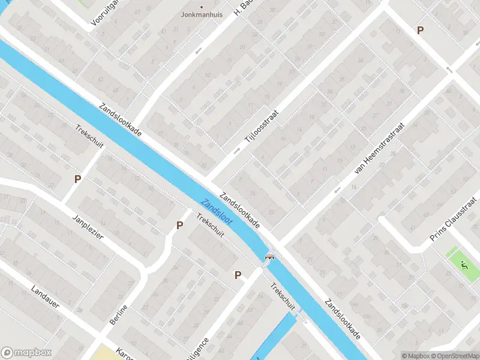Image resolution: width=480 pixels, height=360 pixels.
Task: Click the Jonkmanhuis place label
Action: (x=201, y=14)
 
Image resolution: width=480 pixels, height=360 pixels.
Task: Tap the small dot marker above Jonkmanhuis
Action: (x=201, y=7)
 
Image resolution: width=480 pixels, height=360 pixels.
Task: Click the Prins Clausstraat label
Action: (x=455, y=219)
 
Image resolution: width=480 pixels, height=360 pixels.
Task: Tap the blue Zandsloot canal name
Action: (x=217, y=212)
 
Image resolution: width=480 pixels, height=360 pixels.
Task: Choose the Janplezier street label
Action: (x=88, y=227)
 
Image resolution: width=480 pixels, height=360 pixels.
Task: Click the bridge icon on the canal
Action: (x=270, y=258)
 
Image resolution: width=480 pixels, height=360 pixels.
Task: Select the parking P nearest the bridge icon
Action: (x=238, y=275)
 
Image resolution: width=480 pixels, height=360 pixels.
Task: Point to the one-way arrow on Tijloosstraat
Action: (x=236, y=150)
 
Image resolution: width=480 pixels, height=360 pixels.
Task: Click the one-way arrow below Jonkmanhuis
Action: (x=199, y=51)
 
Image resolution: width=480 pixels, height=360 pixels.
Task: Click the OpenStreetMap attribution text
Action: (x=454, y=356)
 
